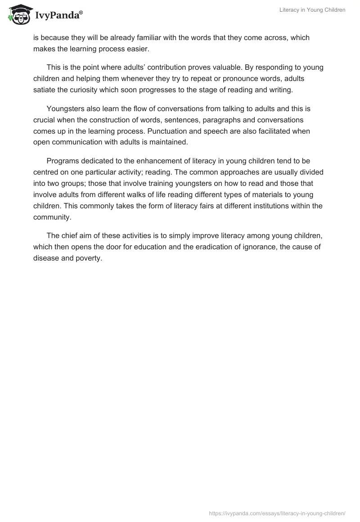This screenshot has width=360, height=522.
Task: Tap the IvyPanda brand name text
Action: pos(58,16)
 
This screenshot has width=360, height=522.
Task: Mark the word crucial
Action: pos(45,120)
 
